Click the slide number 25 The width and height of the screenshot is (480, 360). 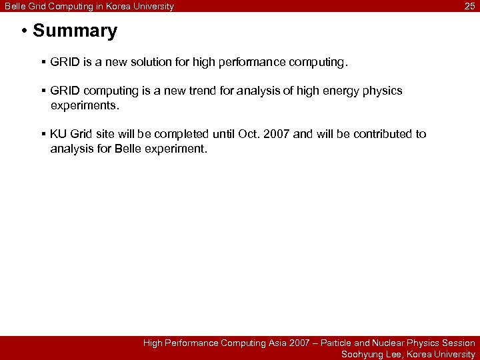click(469, 7)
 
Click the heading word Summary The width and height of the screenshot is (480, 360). click(75, 31)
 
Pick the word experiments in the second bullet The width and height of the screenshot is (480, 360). click(84, 105)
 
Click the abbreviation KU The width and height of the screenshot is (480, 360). click(58, 134)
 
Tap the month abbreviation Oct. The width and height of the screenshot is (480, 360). click(249, 134)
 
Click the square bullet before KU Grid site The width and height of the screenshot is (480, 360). click(43, 134)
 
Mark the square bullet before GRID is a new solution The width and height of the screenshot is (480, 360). click(43, 63)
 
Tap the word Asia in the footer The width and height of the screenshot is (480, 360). click(275, 343)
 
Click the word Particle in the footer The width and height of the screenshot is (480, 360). click(336, 343)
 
